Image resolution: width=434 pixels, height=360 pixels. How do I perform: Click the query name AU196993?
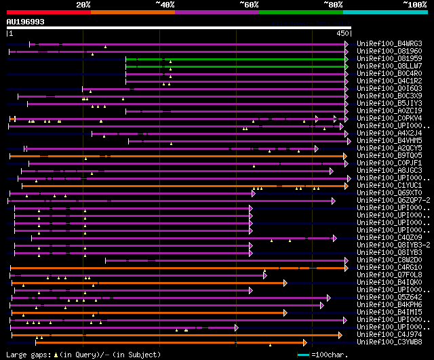coord(26,22)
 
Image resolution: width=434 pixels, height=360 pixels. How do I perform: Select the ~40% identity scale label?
coord(165,5)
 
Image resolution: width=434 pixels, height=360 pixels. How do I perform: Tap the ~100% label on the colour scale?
coord(414,5)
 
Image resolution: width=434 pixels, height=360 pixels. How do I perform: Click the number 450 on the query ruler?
coord(342,33)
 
